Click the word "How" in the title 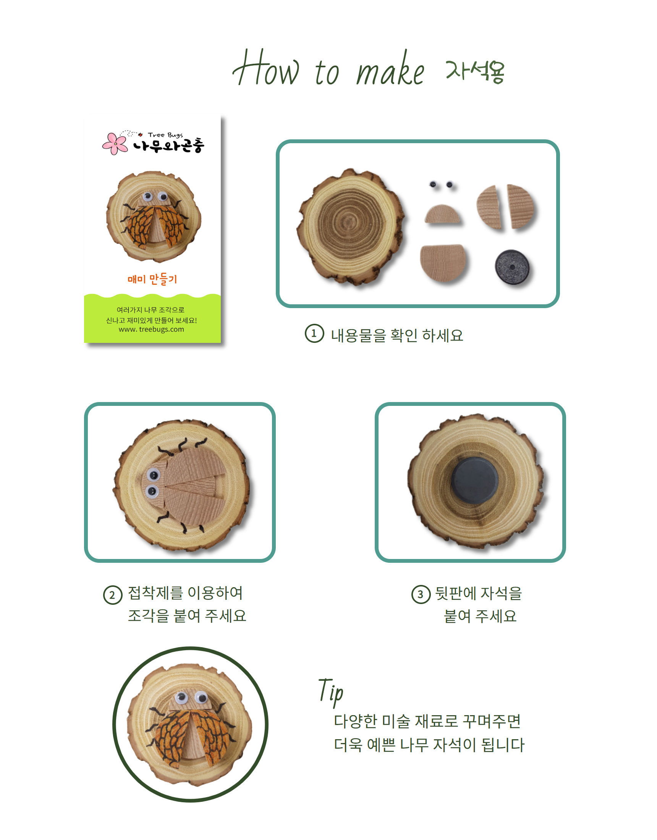click(x=265, y=68)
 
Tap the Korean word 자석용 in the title click(x=475, y=71)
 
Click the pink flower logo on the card click(x=115, y=144)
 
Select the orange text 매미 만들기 click(x=152, y=279)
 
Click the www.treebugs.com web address click(x=151, y=330)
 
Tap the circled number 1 click(x=314, y=333)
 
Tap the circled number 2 click(x=112, y=595)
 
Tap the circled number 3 click(x=421, y=594)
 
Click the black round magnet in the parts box click(x=512, y=267)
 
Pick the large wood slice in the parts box click(x=351, y=227)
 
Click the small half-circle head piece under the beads click(x=443, y=214)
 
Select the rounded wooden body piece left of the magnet click(x=443, y=263)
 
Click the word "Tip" click(x=331, y=692)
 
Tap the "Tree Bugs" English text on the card click(x=165, y=135)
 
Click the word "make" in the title click(x=390, y=69)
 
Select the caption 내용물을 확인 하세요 click(x=397, y=335)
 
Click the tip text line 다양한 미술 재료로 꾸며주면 click(x=427, y=721)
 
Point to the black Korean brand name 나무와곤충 click(x=168, y=145)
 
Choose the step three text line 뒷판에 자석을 click(x=478, y=593)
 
